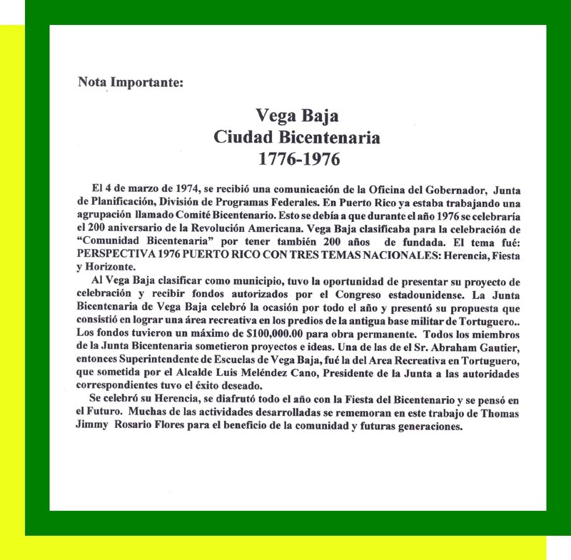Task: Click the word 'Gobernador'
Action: coord(445,188)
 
